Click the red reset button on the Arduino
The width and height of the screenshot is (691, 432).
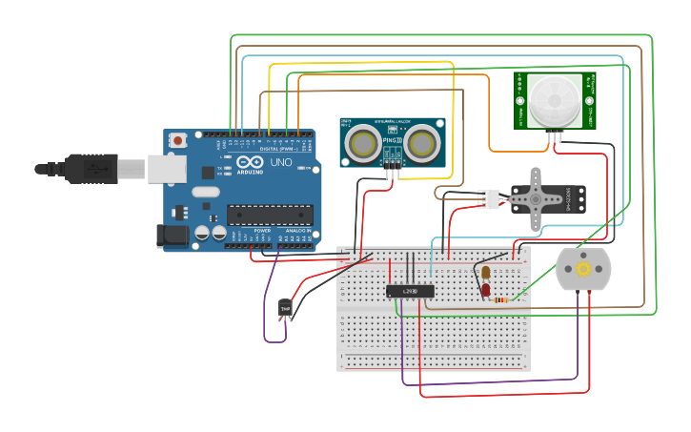pyautogui.click(x=178, y=140)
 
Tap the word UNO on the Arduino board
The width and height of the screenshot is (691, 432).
pyautogui.click(x=281, y=163)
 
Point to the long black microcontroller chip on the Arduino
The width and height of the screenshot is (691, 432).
pyautogui.click(x=270, y=214)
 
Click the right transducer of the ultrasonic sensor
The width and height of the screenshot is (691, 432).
pyautogui.click(x=422, y=143)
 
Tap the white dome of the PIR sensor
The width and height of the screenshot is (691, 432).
pyautogui.click(x=553, y=98)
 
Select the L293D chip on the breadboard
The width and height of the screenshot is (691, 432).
pyautogui.click(x=410, y=290)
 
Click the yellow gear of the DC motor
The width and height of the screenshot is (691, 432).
pyautogui.click(x=583, y=269)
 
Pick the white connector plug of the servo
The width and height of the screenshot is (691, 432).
pyautogui.click(x=488, y=198)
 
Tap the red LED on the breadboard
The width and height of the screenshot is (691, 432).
pyautogui.click(x=485, y=289)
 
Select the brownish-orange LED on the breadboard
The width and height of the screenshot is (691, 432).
pyautogui.click(x=485, y=273)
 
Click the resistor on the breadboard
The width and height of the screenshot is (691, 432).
pyautogui.click(x=500, y=299)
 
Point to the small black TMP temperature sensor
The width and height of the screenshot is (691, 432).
pyautogui.click(x=285, y=308)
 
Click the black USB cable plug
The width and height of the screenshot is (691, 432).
pyautogui.click(x=86, y=168)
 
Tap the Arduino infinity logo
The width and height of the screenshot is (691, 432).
pyautogui.click(x=250, y=163)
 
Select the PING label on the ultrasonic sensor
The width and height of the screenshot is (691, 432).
pyautogui.click(x=391, y=140)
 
